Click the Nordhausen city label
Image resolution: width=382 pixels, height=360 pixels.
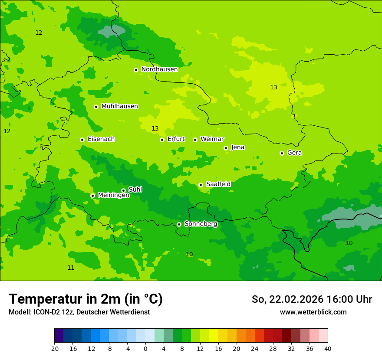(159, 69)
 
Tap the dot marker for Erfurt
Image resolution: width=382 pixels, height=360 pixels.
(162, 140)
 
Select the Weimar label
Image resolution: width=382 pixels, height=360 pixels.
(212, 139)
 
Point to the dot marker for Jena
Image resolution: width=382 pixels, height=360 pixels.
(226, 148)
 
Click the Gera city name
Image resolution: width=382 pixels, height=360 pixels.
(294, 153)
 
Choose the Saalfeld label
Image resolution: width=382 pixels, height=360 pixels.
(218, 184)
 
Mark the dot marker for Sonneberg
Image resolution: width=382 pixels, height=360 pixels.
(179, 224)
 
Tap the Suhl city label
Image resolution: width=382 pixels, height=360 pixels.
(135, 190)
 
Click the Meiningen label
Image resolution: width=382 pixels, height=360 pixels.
(113, 195)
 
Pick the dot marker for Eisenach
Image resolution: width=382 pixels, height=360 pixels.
(82, 140)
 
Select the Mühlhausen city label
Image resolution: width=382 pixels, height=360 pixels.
(119, 106)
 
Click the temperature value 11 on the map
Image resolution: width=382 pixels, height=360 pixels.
(71, 268)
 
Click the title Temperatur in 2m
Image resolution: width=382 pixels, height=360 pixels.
(86, 299)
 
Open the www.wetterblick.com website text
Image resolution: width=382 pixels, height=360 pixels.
(313, 312)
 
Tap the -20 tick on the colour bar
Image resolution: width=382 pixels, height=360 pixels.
(54, 348)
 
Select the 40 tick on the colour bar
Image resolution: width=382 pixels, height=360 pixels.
(327, 348)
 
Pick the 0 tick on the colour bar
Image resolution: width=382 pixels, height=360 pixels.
(145, 348)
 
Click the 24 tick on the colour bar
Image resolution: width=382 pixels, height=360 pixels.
(254, 348)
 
